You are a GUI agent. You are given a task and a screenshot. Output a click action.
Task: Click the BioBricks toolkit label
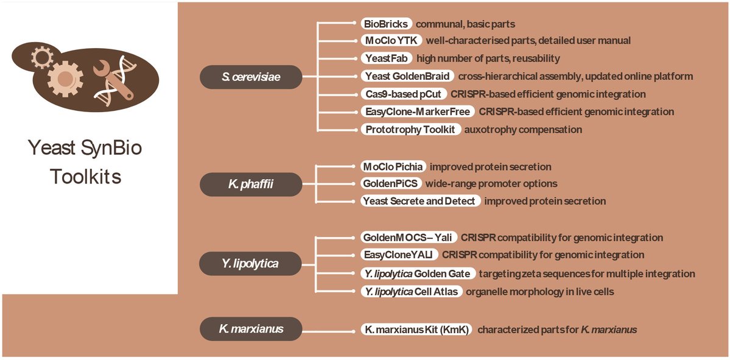386,24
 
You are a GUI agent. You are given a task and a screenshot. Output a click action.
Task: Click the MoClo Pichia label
392,166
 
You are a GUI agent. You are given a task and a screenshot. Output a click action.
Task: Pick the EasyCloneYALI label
396,255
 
